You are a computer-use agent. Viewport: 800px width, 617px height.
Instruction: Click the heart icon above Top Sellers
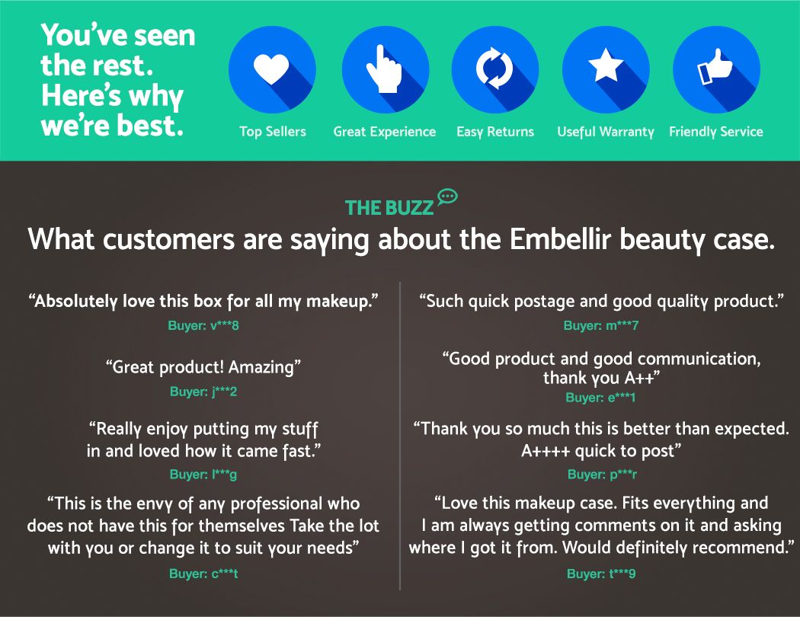click(271, 69)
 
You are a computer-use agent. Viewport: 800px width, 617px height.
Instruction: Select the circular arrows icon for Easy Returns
click(494, 69)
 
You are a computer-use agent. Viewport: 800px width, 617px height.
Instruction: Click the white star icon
click(606, 66)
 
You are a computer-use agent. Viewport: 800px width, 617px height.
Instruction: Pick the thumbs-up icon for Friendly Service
click(715, 67)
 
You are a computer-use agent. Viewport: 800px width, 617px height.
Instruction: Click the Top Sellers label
click(273, 132)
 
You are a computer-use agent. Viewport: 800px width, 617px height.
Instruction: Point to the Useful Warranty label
click(606, 132)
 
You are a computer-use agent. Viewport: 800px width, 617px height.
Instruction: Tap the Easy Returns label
click(495, 132)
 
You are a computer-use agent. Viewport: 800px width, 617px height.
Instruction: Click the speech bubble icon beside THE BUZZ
click(447, 197)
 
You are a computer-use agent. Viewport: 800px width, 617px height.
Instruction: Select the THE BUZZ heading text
click(389, 207)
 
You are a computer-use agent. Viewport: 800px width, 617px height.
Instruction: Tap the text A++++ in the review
click(546, 451)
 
